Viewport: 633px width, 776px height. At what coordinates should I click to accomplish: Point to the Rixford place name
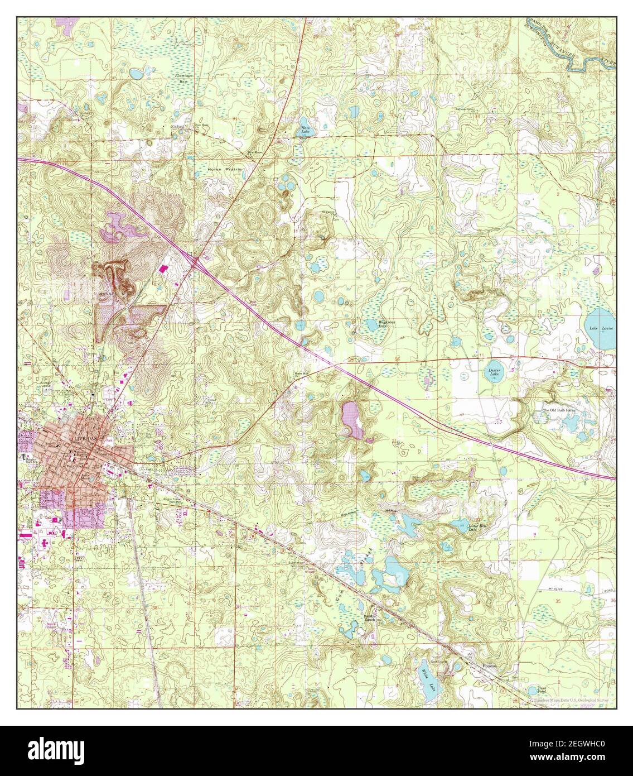click(x=178, y=126)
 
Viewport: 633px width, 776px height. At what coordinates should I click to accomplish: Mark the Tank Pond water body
click(x=540, y=689)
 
